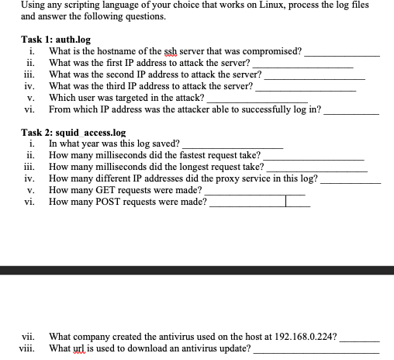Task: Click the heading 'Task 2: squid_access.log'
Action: pos(73,133)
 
